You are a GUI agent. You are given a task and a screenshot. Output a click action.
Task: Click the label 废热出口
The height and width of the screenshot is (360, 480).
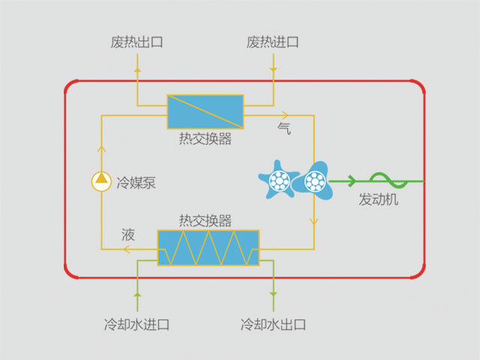tap(136, 42)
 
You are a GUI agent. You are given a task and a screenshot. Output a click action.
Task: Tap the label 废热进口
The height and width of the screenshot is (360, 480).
tap(273, 42)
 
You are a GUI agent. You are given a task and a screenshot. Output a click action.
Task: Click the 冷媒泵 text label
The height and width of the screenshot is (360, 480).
tap(135, 182)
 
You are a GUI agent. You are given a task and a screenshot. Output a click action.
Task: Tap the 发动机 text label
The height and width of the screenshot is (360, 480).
tap(379, 200)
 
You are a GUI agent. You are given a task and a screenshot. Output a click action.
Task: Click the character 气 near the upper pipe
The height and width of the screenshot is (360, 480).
tap(284, 128)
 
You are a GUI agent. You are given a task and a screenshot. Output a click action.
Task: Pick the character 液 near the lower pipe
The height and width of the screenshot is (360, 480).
tap(129, 235)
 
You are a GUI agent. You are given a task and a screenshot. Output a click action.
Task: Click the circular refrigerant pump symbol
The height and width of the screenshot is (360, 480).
tap(100, 180)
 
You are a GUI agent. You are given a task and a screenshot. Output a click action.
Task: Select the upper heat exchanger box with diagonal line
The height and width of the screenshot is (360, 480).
tap(205, 111)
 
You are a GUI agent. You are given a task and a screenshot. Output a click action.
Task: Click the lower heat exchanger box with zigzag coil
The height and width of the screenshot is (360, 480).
tap(208, 247)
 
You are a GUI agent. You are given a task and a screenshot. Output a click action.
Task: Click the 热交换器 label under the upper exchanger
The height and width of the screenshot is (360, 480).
tap(205, 139)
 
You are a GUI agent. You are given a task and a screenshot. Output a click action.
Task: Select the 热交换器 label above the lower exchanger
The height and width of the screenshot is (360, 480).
tap(205, 220)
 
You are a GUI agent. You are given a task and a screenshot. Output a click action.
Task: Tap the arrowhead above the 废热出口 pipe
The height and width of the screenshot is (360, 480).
tap(137, 67)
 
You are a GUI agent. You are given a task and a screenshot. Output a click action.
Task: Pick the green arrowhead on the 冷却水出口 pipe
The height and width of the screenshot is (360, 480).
tap(273, 295)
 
